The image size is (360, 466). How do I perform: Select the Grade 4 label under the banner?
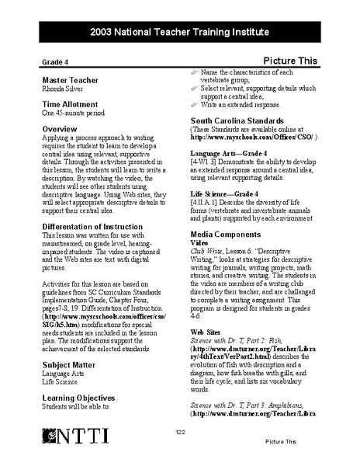(x=56, y=61)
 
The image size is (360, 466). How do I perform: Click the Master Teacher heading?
(x=71, y=80)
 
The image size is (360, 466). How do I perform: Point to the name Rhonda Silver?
(x=65, y=89)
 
